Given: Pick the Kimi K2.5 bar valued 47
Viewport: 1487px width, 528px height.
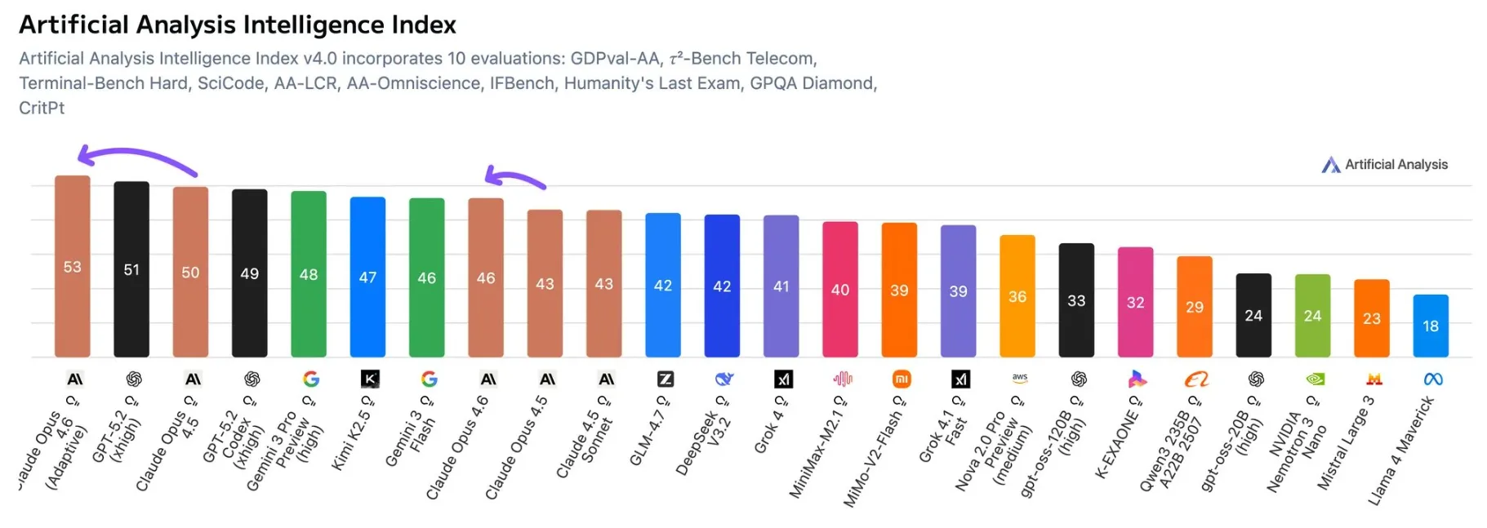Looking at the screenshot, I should coord(367,277).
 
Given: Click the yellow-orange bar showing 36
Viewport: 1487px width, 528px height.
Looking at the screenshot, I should coord(1017,295).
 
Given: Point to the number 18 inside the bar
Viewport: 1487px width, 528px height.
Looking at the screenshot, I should coord(1431,326).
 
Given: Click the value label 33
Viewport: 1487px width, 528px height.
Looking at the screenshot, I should coord(1076,300).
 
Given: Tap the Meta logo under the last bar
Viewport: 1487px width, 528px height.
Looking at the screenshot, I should coord(1432,379).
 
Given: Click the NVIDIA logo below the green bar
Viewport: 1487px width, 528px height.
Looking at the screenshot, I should coord(1315,379).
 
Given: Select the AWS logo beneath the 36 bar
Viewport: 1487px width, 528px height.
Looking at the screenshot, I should coord(1019,378).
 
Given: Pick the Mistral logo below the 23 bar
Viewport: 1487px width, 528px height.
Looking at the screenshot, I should coord(1373,379).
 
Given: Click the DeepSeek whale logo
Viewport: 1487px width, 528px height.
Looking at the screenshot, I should coord(723,379).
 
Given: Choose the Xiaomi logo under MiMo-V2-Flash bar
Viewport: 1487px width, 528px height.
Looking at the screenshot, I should coord(901,379).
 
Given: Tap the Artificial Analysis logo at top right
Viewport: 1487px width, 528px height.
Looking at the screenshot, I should coord(1331,165).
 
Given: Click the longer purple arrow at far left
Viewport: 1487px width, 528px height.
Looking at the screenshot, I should coord(135,155).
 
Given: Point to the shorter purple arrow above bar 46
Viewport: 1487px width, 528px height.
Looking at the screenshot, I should coord(514,177).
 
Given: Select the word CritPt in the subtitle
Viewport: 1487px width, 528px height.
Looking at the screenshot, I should coord(42,108).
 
